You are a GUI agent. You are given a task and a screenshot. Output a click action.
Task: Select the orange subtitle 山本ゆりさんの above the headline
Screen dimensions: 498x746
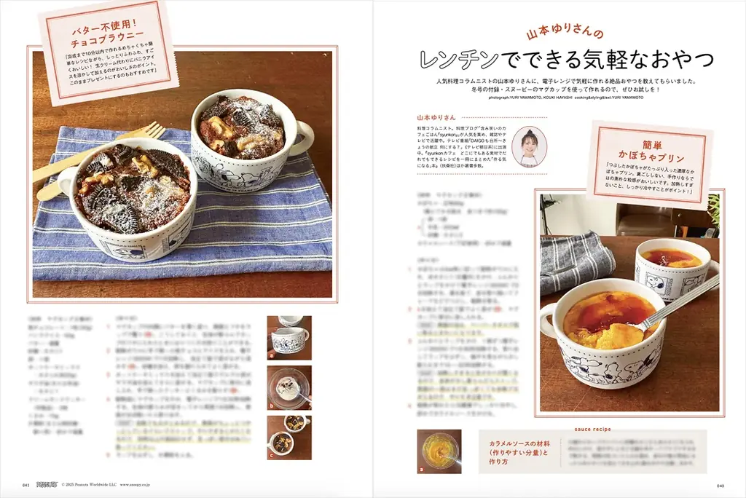click(x=565, y=33)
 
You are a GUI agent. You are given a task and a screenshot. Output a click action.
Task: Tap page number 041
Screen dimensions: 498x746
click(x=26, y=484)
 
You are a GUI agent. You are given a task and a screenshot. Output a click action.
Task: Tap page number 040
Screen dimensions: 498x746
click(x=720, y=484)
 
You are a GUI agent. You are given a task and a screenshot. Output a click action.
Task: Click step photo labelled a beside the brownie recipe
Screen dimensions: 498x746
click(x=289, y=338)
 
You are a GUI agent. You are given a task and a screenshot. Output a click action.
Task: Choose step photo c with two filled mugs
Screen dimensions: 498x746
click(x=289, y=437)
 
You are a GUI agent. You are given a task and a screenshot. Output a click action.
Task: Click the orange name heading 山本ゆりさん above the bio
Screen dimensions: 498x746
click(x=436, y=116)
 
